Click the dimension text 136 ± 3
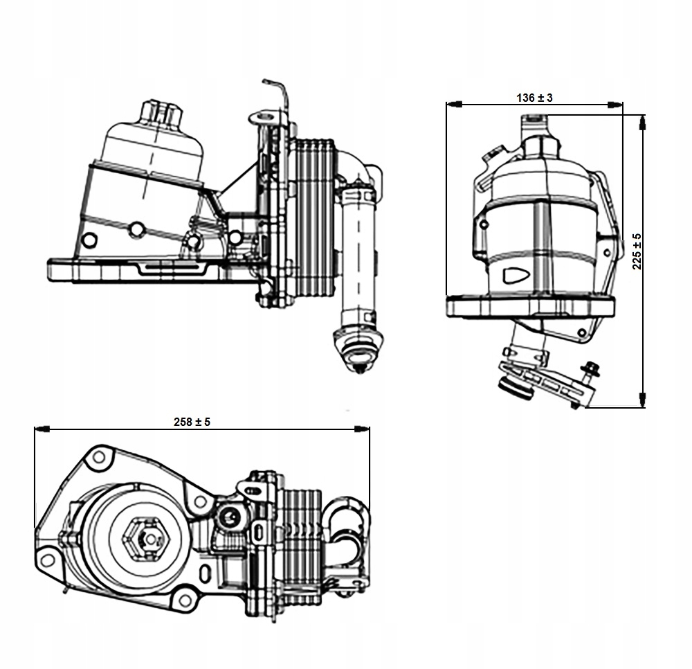(x=534, y=98)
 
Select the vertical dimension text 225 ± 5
(x=637, y=251)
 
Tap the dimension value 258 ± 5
(x=192, y=421)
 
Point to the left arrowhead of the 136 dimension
(x=454, y=105)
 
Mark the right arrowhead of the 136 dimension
(x=614, y=105)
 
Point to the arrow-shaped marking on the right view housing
(x=516, y=274)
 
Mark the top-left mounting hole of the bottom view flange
(x=99, y=456)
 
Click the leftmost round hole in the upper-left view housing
(x=89, y=240)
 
